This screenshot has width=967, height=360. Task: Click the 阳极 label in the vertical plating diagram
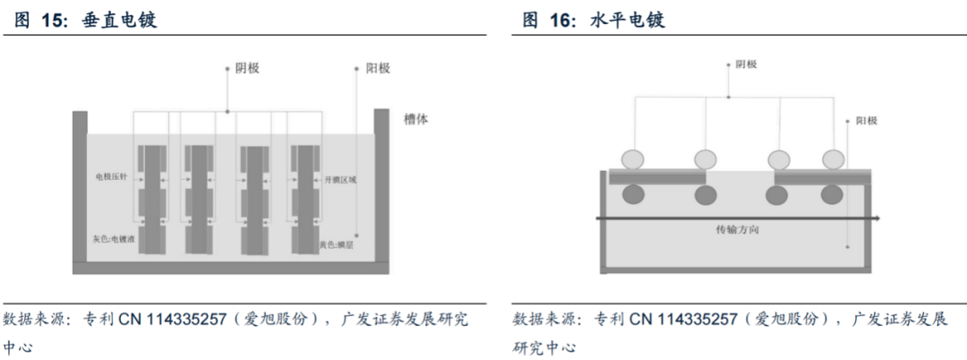tap(377, 68)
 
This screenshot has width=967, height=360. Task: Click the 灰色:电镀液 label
tap(112, 240)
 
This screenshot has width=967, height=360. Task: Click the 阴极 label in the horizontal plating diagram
tap(747, 64)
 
